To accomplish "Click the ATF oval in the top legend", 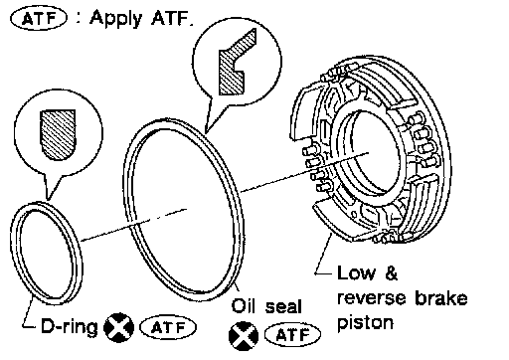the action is click(39, 18).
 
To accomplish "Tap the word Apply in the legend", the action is click(116, 19).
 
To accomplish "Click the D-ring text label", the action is click(70, 326).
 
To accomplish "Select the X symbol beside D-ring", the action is click(119, 327).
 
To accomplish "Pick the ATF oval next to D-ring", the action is click(168, 327).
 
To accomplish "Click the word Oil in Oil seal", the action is click(244, 305).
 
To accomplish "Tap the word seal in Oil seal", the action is click(283, 306).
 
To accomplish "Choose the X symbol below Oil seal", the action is click(244, 336).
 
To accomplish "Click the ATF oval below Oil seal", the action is click(292, 335).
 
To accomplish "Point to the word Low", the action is click(356, 273).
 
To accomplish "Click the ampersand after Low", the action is click(391, 273).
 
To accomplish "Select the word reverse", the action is click(372, 297).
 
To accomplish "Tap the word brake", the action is click(441, 297).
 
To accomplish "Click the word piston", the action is click(366, 323).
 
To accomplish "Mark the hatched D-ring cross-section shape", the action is click(58, 134).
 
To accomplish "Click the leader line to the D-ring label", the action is click(29, 311).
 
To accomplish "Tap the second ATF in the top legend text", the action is click(171, 18).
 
